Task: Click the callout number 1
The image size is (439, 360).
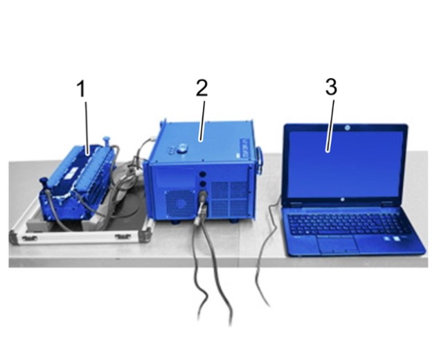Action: tap(81, 89)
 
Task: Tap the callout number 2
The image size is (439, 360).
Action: tap(202, 88)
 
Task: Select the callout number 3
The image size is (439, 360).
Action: tap(331, 87)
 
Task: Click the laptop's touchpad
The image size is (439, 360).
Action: tap(337, 243)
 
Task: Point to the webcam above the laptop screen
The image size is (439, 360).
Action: tap(347, 127)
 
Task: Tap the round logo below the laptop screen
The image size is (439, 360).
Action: tap(342, 199)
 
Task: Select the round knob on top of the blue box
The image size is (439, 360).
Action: tap(182, 147)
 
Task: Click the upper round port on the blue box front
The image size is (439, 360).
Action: tap(202, 174)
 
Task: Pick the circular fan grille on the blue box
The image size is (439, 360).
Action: tap(179, 204)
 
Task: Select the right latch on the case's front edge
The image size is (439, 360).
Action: tap(123, 237)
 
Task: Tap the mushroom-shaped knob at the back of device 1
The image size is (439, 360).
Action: tap(107, 140)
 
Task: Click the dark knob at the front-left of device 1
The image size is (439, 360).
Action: tap(43, 181)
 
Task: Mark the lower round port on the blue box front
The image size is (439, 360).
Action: tap(202, 184)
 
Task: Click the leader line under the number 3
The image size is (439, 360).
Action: tap(331, 126)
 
